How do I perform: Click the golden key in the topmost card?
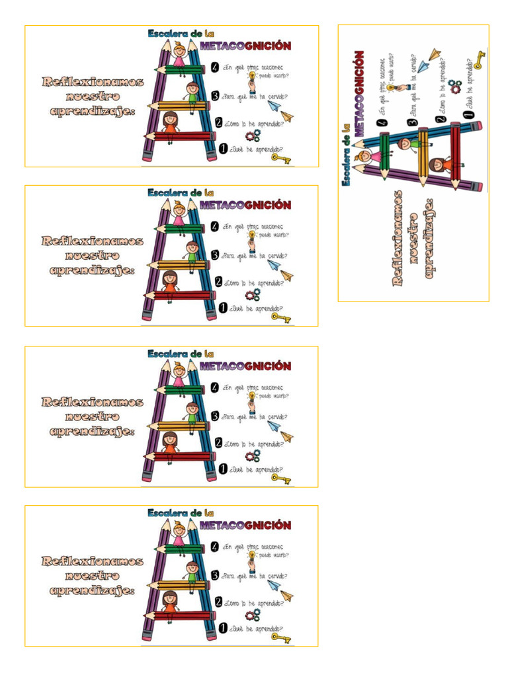pos(281,158)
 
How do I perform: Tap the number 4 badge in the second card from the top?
pos(215,227)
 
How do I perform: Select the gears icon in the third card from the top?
pos(253,456)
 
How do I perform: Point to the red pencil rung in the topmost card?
pos(177,136)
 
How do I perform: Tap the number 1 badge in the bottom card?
pos(224,628)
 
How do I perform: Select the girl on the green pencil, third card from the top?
pos(179,372)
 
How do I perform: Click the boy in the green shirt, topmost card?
pos(192,92)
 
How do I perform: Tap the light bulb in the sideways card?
pos(392,88)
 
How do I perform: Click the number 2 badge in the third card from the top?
pos(219,442)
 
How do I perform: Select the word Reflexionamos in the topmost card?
pos(93,82)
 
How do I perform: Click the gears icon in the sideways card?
pos(454,87)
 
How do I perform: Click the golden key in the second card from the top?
pos(281,318)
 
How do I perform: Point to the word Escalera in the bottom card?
pos(166,513)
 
